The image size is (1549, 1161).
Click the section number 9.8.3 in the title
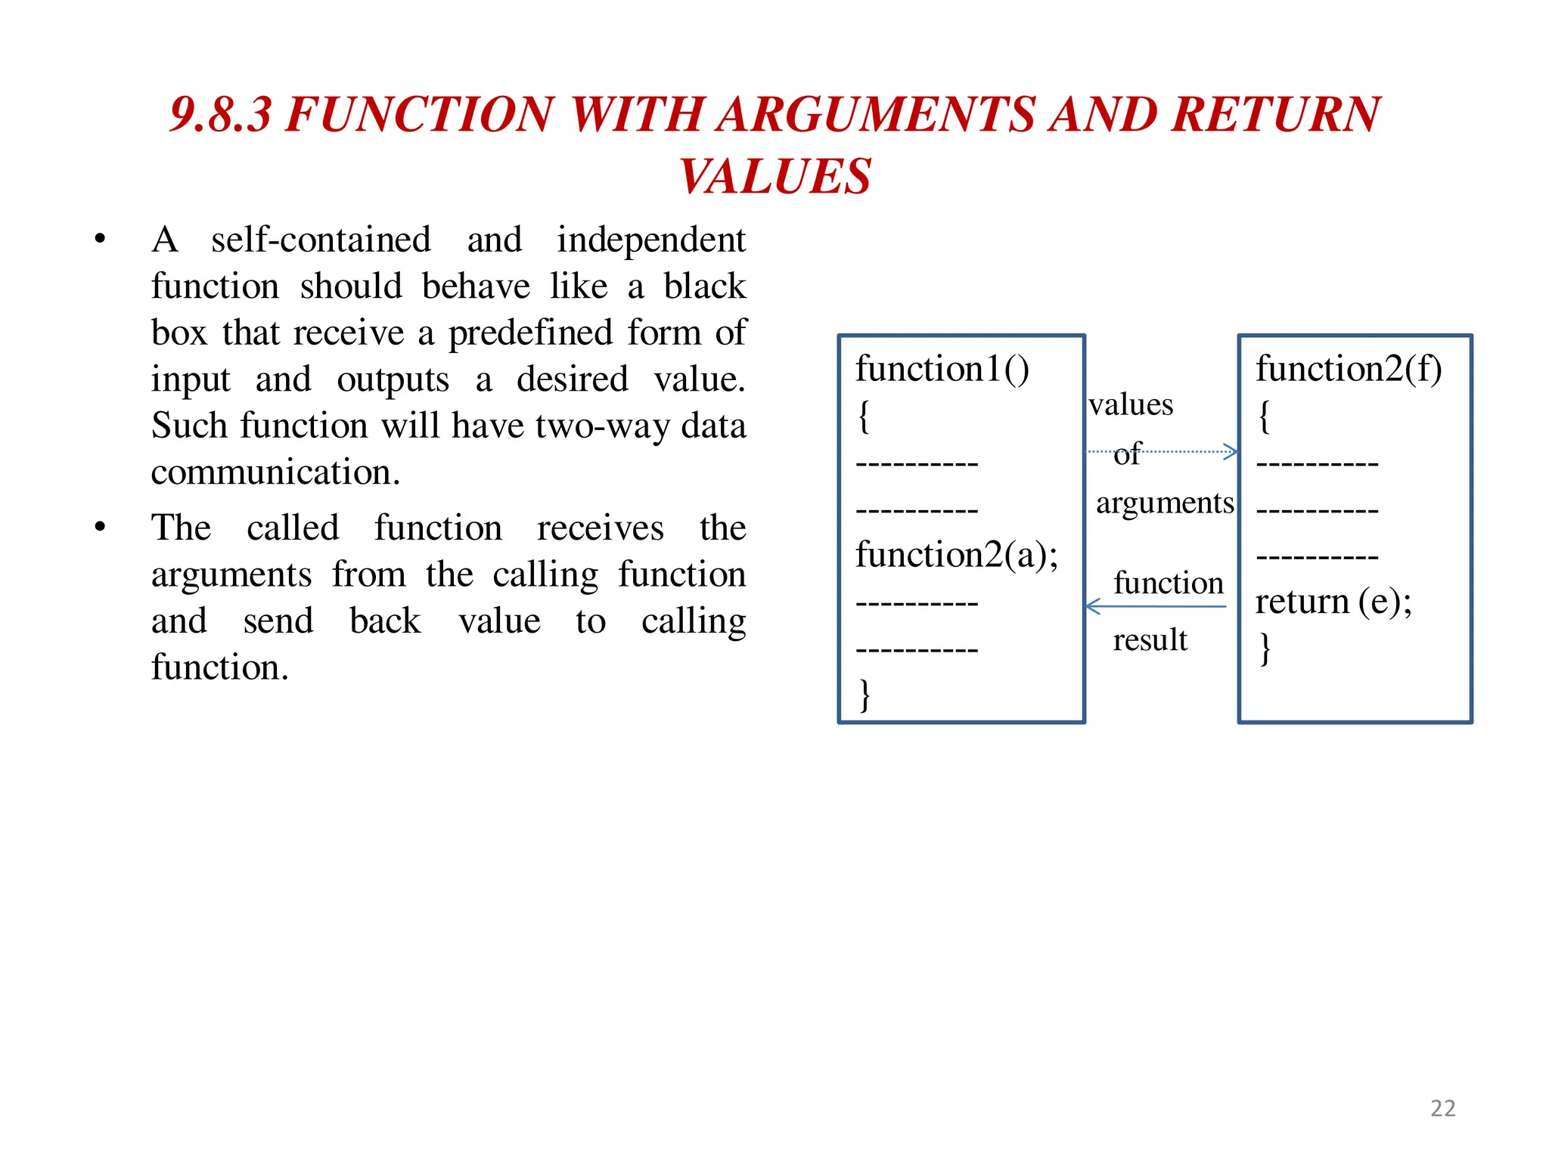220,115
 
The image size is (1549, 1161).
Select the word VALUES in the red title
774,177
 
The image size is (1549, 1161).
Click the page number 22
1442,1108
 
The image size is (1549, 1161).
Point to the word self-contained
321,240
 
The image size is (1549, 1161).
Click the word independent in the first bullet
651,240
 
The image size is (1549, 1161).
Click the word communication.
275,472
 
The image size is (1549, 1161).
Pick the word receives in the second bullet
600,528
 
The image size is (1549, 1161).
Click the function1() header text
942,370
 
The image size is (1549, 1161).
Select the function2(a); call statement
956,556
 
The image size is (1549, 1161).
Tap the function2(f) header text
1349,370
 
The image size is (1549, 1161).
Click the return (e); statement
1333,602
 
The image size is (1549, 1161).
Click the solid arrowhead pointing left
1092,606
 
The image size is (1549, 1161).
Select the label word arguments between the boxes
1165,503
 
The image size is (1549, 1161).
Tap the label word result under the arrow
1150,641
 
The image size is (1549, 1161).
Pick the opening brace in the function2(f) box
1264,416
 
